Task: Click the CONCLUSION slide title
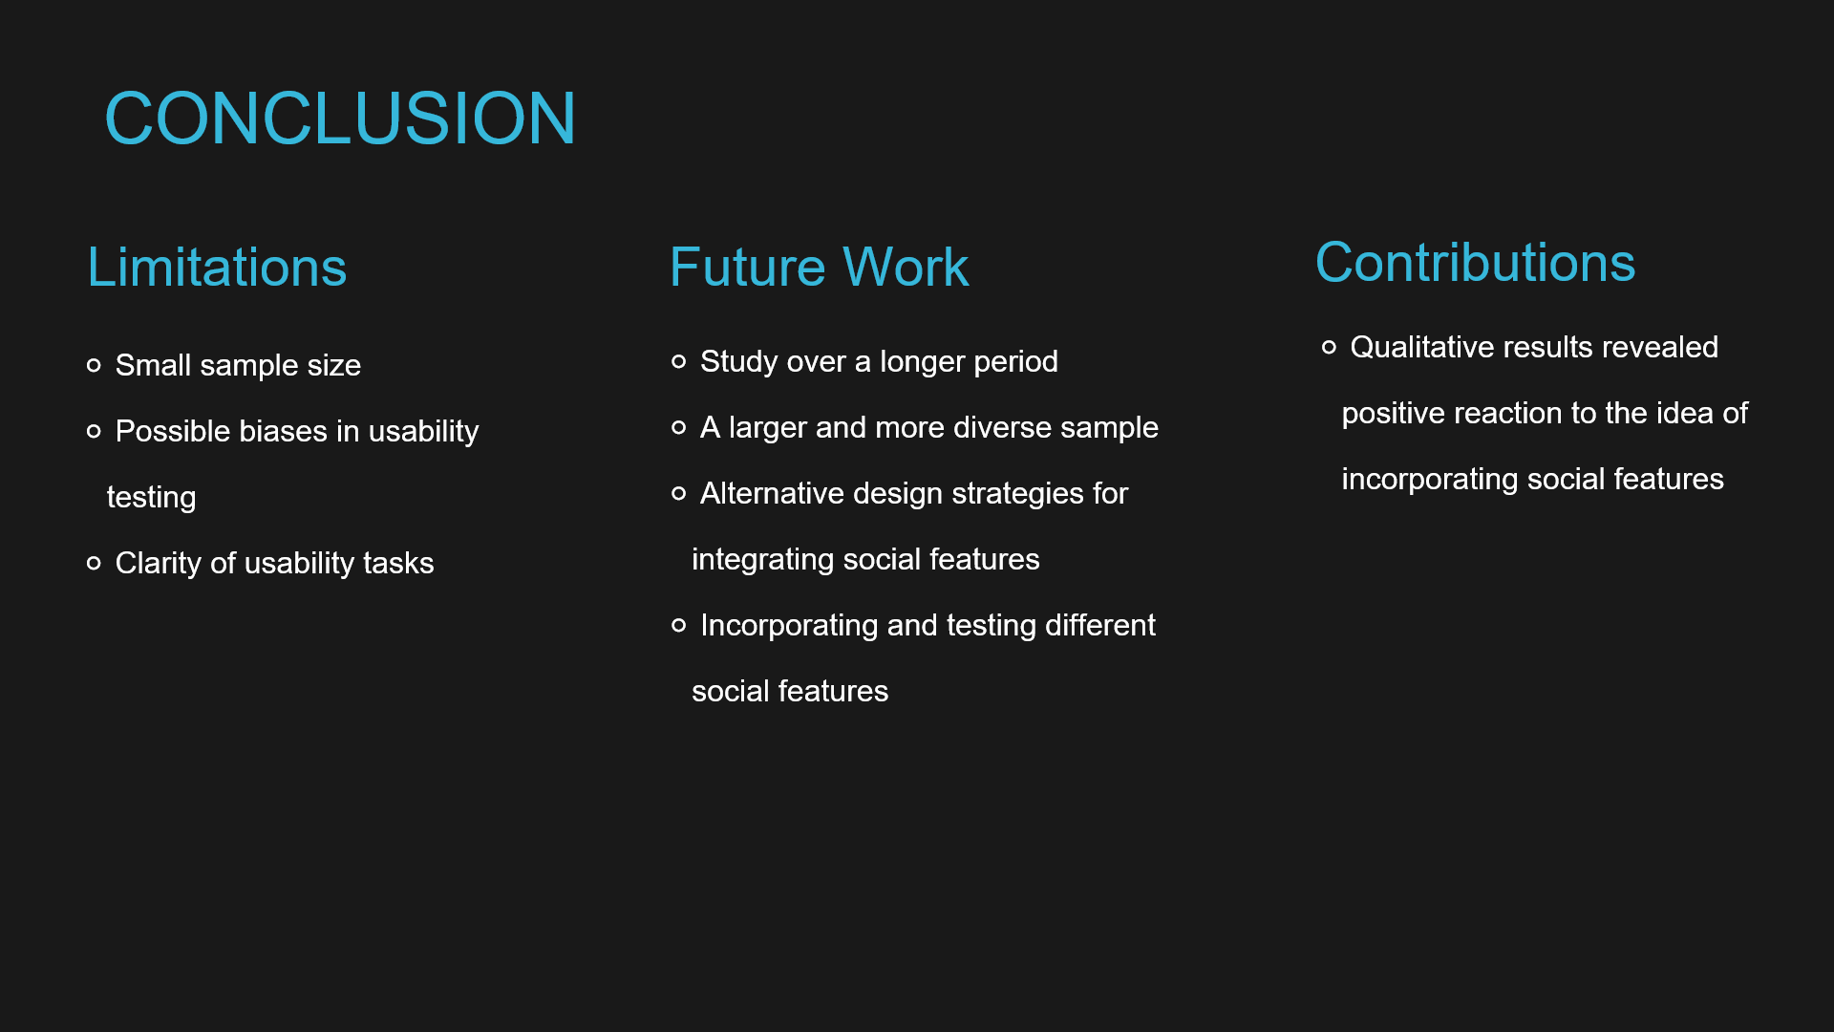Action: [340, 118]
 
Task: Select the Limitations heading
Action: [217, 267]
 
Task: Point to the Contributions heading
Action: [1475, 262]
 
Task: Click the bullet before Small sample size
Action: [94, 365]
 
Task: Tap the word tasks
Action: [398, 563]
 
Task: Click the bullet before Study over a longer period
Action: [679, 361]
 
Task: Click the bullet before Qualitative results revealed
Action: [1329, 347]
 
